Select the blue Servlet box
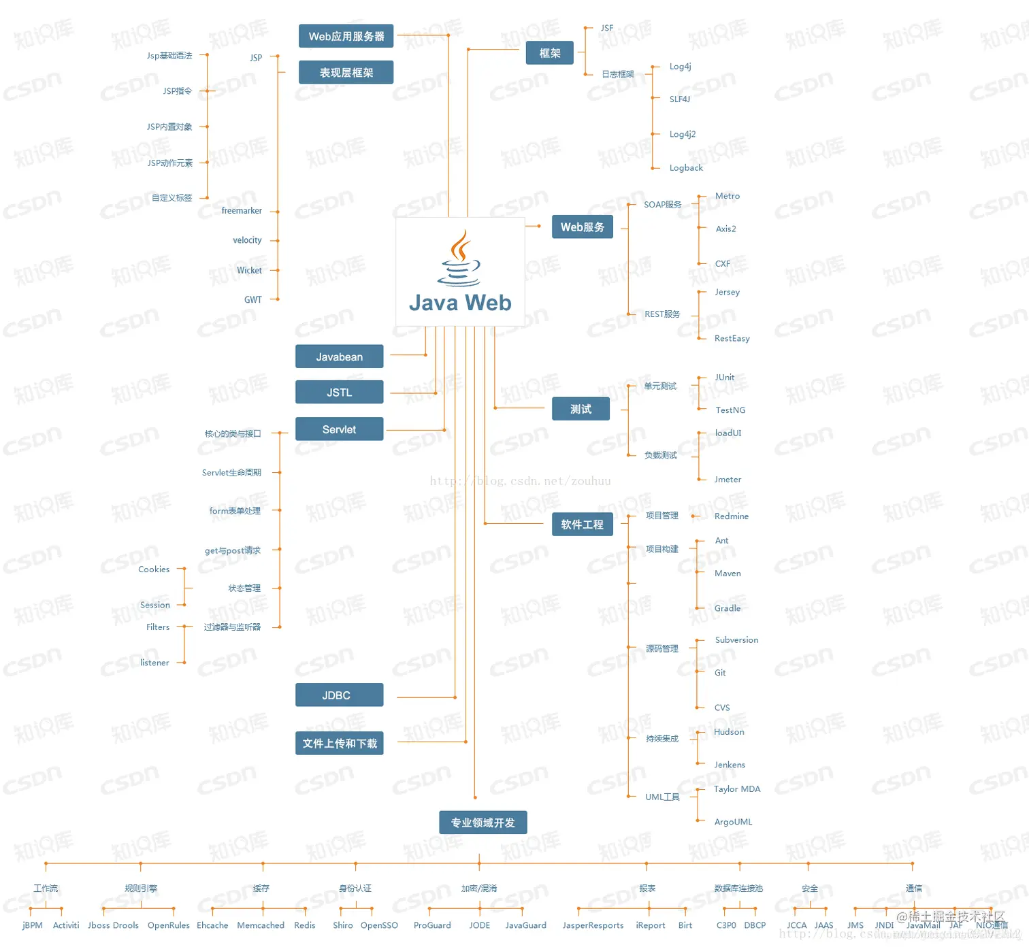339,429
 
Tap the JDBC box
339,695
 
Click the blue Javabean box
339,356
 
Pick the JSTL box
339,393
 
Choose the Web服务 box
582,227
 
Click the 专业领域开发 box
483,823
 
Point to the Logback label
686,168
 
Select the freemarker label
242,211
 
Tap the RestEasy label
732,338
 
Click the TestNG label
730,410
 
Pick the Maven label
728,574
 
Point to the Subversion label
736,640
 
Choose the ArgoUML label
733,822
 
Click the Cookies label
154,569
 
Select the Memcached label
261,925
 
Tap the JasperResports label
593,925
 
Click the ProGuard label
432,925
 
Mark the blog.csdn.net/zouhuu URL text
520,481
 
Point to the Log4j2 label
683,134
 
